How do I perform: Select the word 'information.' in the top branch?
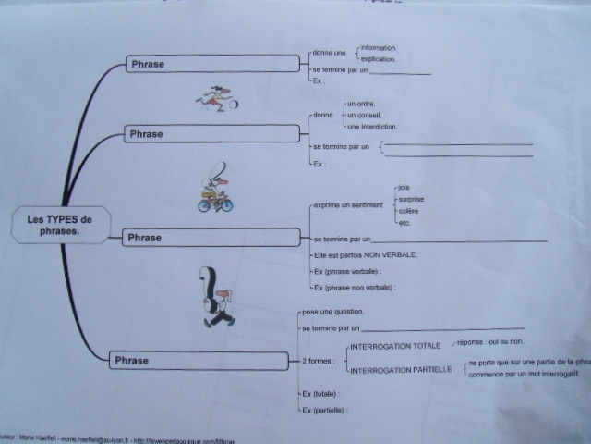coord(379,46)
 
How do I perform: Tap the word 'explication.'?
coord(378,58)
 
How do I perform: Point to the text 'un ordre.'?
coord(360,104)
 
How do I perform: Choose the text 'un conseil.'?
coord(362,115)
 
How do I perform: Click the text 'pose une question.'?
coord(333,311)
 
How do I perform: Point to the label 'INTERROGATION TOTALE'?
coord(392,348)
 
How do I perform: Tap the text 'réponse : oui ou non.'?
coord(490,342)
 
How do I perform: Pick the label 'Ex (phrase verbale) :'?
coord(347,271)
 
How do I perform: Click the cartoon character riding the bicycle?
coord(216,190)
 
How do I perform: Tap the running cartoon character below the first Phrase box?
coord(218,96)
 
